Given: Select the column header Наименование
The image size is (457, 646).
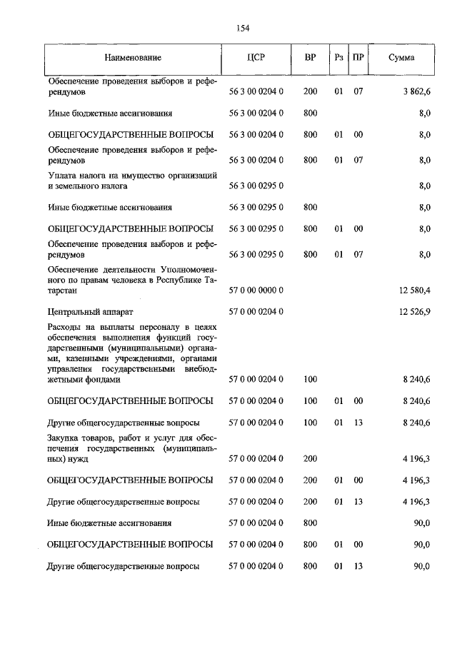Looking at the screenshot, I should click(x=132, y=57).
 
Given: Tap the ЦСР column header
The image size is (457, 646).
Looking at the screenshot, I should click(x=256, y=57).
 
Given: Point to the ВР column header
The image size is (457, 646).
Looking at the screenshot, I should click(x=310, y=57).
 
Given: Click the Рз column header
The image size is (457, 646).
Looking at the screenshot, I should click(x=338, y=57).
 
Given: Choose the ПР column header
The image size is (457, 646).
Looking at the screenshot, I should click(x=358, y=57).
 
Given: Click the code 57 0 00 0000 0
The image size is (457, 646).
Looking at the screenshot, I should click(x=256, y=291).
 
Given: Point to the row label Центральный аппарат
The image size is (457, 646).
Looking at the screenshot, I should click(x=90, y=312).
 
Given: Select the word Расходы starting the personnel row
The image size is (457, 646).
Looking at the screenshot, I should click(x=66, y=326).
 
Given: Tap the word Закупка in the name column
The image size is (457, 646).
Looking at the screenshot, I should click(x=66, y=436).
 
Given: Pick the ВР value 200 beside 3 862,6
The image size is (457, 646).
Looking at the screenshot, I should click(x=310, y=92).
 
